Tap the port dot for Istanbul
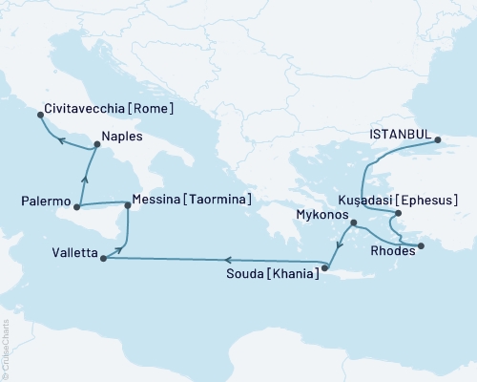tap(438, 141)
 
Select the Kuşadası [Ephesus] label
tap(400, 201)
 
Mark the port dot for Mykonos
tap(354, 224)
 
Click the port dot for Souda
tap(324, 268)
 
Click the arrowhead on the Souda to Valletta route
tap(227, 259)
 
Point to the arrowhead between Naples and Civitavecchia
tap(58, 139)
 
